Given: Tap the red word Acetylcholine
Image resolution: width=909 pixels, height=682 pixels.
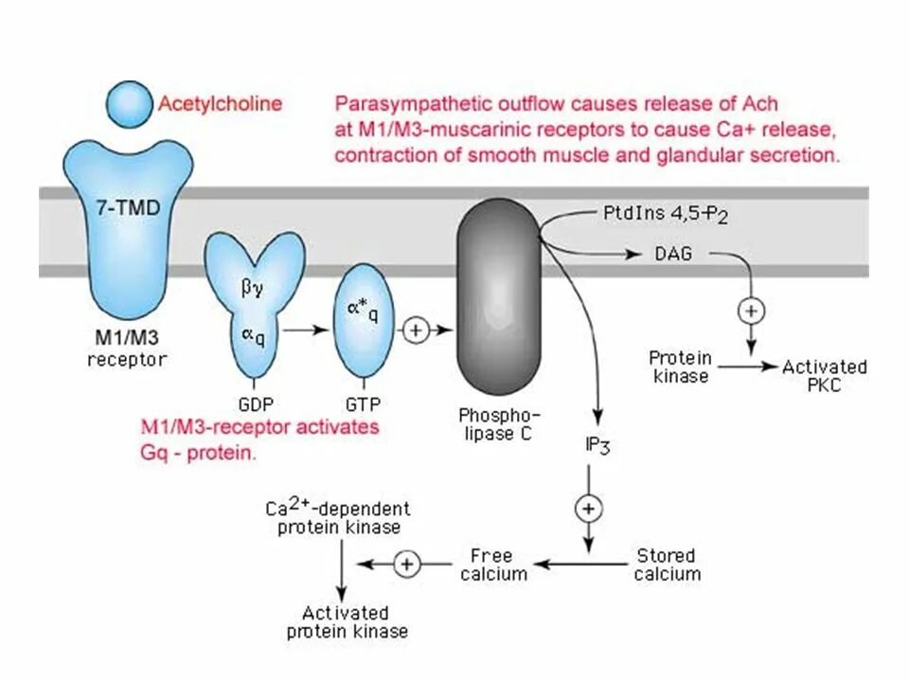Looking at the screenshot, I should [x=220, y=102].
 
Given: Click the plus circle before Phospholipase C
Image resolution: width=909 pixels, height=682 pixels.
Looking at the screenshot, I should [x=418, y=330].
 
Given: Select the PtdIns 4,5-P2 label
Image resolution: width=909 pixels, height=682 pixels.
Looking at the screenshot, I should [x=665, y=215].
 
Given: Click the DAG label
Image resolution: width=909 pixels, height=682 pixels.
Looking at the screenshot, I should [x=673, y=254].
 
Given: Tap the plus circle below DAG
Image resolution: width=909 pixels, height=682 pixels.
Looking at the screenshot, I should [x=752, y=310].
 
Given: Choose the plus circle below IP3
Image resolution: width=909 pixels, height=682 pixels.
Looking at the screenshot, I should [x=589, y=509].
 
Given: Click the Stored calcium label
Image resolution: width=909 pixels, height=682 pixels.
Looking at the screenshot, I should [x=668, y=564].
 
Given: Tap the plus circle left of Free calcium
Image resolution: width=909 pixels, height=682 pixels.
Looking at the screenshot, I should [x=407, y=564].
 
